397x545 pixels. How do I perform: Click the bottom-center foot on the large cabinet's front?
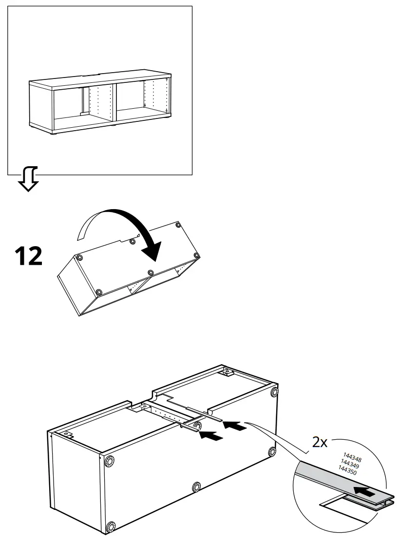coord(196,487)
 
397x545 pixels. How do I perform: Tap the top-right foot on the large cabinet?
coord(274,391)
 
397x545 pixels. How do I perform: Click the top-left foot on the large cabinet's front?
coord(109,461)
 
